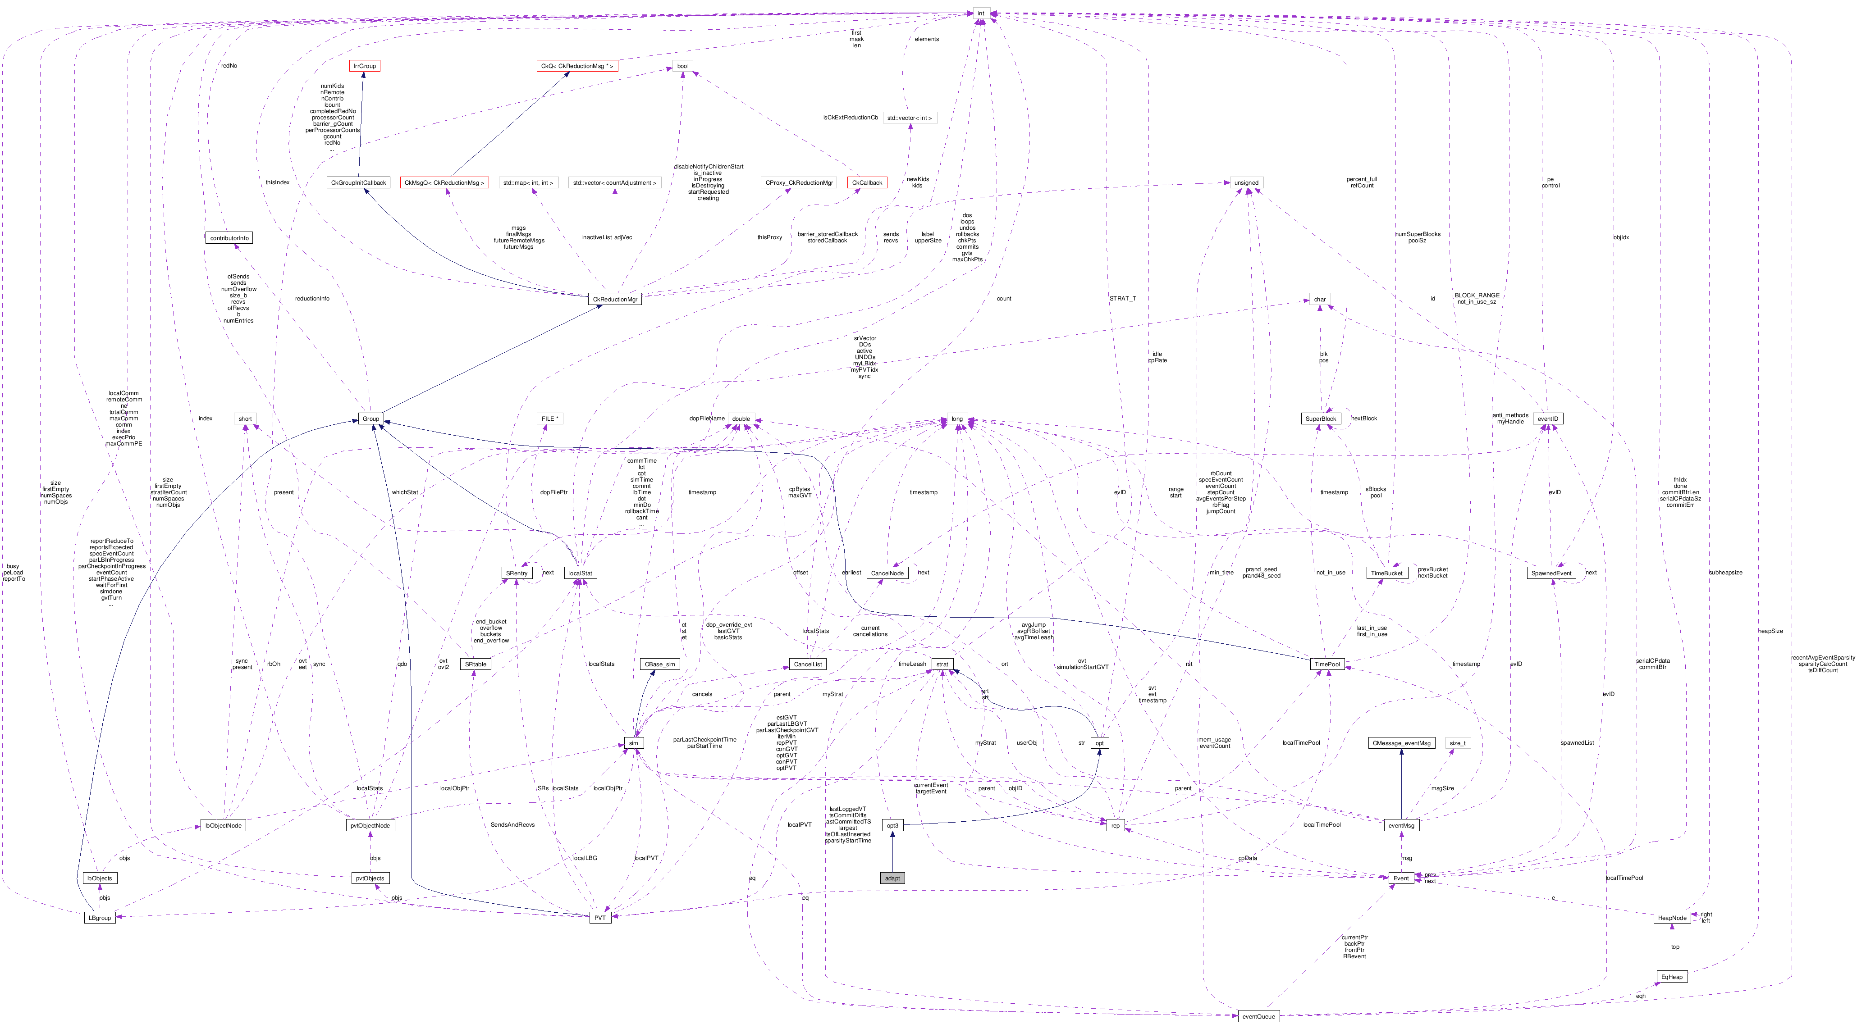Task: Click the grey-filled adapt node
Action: click(x=892, y=878)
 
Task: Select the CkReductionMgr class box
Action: click(x=615, y=299)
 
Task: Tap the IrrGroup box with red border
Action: click(x=364, y=66)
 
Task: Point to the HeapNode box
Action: click(x=1672, y=917)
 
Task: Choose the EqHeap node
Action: click(x=1672, y=976)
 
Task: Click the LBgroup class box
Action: click(x=100, y=917)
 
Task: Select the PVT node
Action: click(x=600, y=917)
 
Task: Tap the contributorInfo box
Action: click(x=229, y=238)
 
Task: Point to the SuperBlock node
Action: click(x=1321, y=419)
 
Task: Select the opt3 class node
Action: click(x=892, y=825)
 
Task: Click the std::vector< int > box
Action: click(x=910, y=118)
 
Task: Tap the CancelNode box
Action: click(x=887, y=573)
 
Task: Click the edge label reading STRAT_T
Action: click(x=1122, y=298)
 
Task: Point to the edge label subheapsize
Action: click(x=1725, y=572)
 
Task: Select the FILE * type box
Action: click(x=550, y=419)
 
